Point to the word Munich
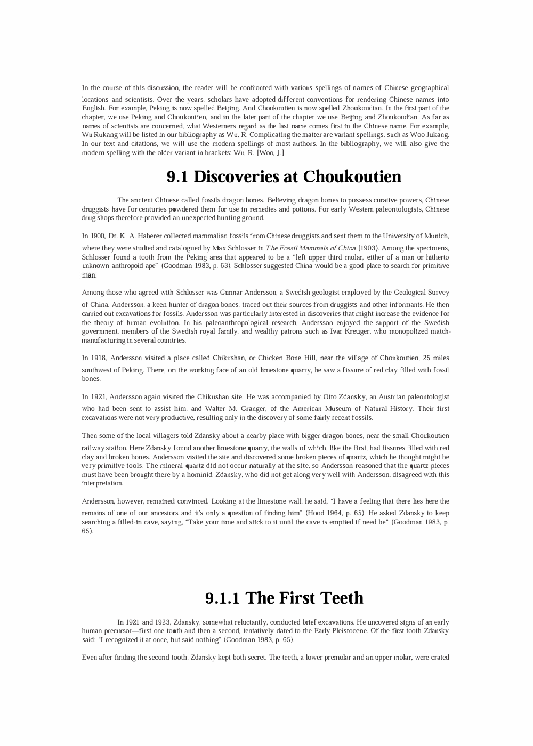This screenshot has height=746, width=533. pyautogui.click(x=437, y=236)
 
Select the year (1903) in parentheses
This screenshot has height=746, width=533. pyautogui.click(x=369, y=248)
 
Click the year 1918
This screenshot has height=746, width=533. pyautogui.click(x=98, y=358)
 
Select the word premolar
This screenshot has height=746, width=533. pyautogui.click(x=336, y=657)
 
